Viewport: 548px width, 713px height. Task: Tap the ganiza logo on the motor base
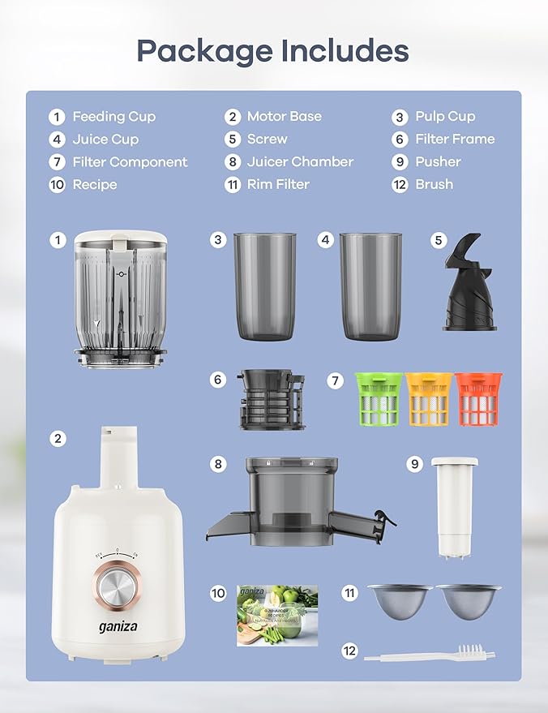pyautogui.click(x=118, y=628)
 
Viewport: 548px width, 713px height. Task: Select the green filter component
pyautogui.click(x=378, y=399)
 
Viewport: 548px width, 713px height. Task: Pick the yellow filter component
pyautogui.click(x=427, y=399)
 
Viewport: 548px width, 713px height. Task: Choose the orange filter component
pyautogui.click(x=477, y=399)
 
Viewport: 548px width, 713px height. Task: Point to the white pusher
pyautogui.click(x=454, y=507)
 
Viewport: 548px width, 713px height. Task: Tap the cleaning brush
pyautogui.click(x=430, y=652)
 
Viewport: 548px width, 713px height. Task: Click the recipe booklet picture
pyautogui.click(x=276, y=616)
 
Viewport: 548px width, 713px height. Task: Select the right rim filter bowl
pyautogui.click(x=467, y=601)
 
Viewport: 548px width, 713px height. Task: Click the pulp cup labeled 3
pyautogui.click(x=265, y=286)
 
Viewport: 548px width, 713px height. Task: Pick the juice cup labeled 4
pyautogui.click(x=370, y=286)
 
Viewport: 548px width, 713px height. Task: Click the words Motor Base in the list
pyautogui.click(x=284, y=117)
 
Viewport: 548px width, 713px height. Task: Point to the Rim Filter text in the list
pyautogui.click(x=278, y=185)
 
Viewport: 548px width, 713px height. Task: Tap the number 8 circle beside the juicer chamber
pyautogui.click(x=217, y=465)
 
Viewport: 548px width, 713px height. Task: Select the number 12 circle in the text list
pyautogui.click(x=400, y=185)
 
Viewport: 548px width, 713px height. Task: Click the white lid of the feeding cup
pyautogui.click(x=121, y=240)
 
